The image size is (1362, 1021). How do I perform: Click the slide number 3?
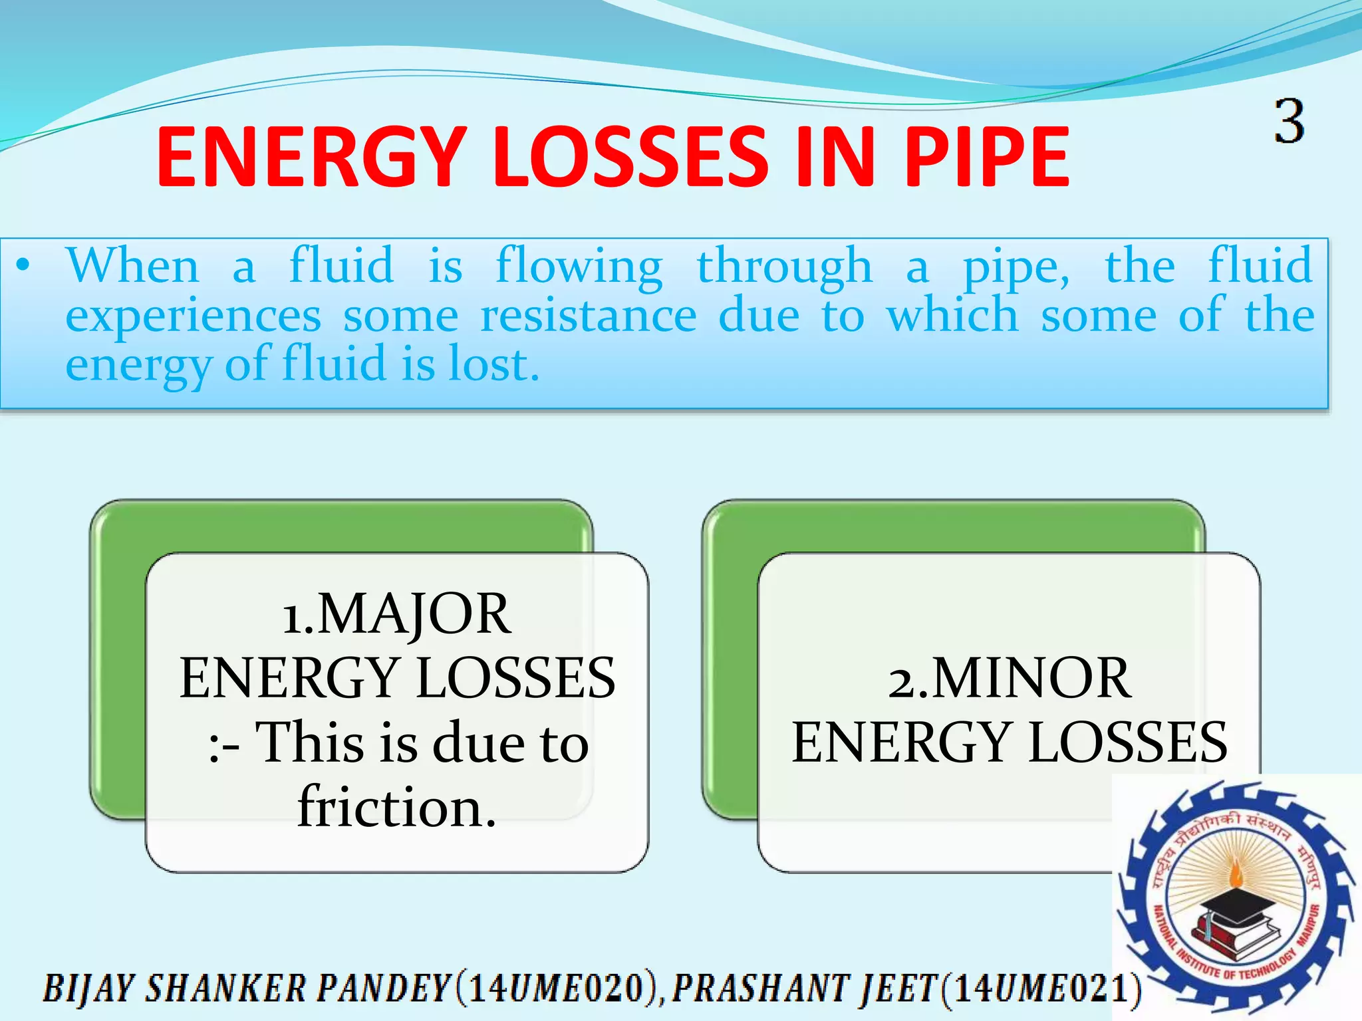click(x=1290, y=122)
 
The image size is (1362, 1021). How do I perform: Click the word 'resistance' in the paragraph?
click(x=589, y=316)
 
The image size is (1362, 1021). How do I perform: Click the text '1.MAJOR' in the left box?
click(x=397, y=614)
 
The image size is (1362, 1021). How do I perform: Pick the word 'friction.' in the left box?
click(x=397, y=807)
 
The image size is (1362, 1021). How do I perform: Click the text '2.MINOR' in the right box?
click(x=1009, y=678)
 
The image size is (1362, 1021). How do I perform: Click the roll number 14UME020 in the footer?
click(x=559, y=988)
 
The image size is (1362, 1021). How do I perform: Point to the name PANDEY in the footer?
click(x=384, y=988)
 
